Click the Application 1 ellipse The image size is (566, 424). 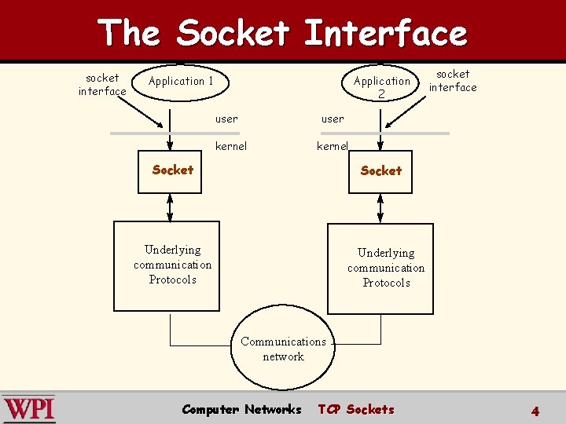click(182, 82)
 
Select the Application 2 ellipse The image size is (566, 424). click(382, 86)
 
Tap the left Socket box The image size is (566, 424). click(172, 170)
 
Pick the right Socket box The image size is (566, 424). click(380, 170)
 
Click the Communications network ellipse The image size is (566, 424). click(283, 349)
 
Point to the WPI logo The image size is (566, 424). click(29, 409)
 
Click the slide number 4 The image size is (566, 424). click(535, 411)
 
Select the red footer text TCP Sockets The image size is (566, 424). click(356, 409)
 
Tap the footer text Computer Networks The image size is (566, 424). click(241, 409)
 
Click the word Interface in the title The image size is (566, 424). click(385, 33)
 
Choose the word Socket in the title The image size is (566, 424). click(233, 33)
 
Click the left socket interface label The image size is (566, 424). click(102, 85)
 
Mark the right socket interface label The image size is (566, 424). click(453, 81)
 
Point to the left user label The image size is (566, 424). click(226, 119)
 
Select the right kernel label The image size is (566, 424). click(333, 146)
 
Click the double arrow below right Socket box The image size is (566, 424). click(380, 207)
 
